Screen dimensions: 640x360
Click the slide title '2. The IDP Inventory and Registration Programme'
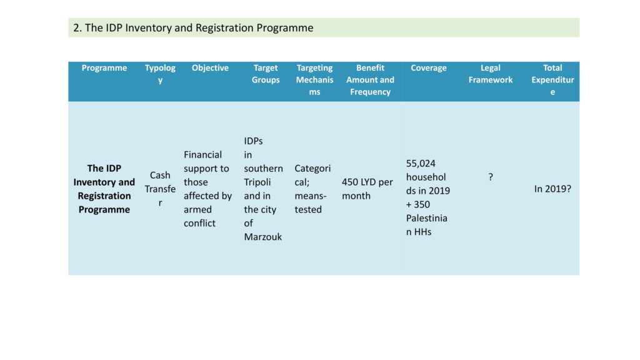(193, 27)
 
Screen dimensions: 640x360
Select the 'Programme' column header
(104, 67)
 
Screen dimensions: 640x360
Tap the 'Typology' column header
(160, 74)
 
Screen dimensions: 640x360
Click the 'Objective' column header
(210, 67)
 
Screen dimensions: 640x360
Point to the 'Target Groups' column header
(265, 74)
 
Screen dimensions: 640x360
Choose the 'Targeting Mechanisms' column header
(315, 79)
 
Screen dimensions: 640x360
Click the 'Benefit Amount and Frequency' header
(370, 79)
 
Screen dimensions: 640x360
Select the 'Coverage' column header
(429, 67)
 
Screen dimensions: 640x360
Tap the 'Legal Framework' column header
(490, 74)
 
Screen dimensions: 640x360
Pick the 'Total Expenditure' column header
(552, 79)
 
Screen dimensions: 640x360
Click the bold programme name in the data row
(104, 189)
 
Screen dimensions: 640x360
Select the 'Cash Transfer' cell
(160, 189)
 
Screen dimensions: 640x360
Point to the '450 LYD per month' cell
(367, 189)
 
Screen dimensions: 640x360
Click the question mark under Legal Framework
(491, 177)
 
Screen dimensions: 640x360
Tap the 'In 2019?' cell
(552, 189)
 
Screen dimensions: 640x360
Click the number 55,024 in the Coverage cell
(421, 164)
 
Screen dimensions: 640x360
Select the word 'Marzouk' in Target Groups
(263, 237)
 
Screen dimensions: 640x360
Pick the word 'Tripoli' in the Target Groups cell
(257, 182)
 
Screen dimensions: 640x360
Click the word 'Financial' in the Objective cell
(203, 155)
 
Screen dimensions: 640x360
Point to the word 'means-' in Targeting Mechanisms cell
(311, 196)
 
